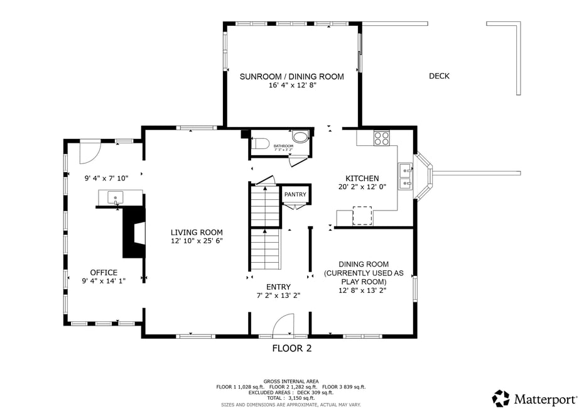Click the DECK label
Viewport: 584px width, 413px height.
pyautogui.click(x=439, y=76)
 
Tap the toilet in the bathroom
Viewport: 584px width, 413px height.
pyautogui.click(x=261, y=143)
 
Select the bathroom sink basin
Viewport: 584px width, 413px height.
pyautogui.click(x=301, y=136)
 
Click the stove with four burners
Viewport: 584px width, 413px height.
pyautogui.click(x=381, y=138)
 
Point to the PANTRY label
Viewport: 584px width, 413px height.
pyautogui.click(x=295, y=194)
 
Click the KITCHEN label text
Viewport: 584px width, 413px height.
pyautogui.click(x=362, y=179)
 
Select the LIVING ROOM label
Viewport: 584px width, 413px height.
pyautogui.click(x=197, y=233)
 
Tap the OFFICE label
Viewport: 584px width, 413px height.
pyautogui.click(x=104, y=273)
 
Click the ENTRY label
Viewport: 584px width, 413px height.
pyautogui.click(x=278, y=287)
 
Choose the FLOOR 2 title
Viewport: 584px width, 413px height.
pyautogui.click(x=291, y=348)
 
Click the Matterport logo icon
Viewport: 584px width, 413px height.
pyautogui.click(x=500, y=398)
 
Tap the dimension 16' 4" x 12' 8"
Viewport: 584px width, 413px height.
pyautogui.click(x=291, y=85)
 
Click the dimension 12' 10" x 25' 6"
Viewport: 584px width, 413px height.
pyautogui.click(x=197, y=241)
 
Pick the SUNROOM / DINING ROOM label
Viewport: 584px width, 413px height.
pyautogui.click(x=291, y=77)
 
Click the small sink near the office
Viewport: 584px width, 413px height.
pyautogui.click(x=116, y=197)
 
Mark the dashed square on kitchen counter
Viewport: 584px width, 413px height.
pyautogui.click(x=362, y=216)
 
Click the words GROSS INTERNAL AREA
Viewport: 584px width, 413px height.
pyautogui.click(x=291, y=381)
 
